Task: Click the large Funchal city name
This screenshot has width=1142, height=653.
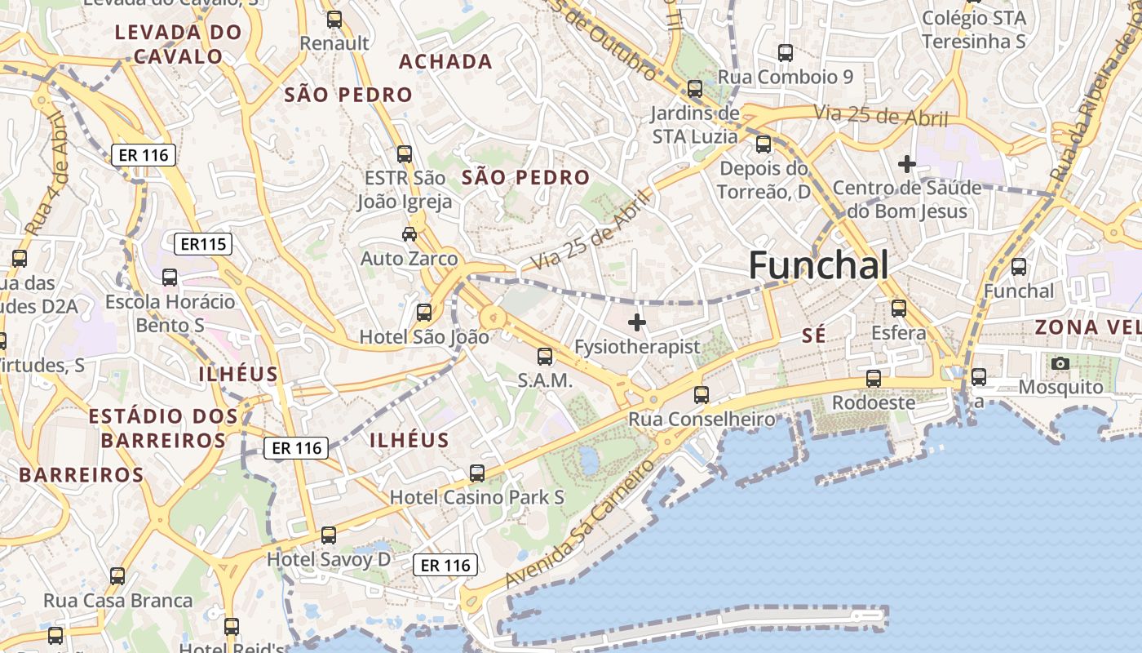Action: point(818,265)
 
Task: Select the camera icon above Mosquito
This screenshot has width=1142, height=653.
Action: point(1060,363)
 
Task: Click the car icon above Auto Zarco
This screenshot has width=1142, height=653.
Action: point(409,234)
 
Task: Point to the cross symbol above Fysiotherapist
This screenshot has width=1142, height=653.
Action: point(637,322)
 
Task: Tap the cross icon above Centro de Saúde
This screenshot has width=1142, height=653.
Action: point(906,164)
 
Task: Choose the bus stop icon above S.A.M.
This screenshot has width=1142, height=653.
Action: point(545,357)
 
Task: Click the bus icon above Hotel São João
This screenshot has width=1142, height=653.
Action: point(424,312)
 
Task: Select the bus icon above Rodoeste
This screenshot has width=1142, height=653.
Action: point(874,379)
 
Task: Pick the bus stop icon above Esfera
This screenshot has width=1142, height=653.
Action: point(899,309)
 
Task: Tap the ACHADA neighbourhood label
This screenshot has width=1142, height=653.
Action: point(445,61)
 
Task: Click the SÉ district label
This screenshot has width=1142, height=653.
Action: point(813,335)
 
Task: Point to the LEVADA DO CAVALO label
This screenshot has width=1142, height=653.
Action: point(179,44)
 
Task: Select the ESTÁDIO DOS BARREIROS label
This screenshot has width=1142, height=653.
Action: point(163,428)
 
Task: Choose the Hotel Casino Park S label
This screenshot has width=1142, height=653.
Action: point(477,496)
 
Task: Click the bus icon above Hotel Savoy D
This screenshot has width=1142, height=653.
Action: point(328,535)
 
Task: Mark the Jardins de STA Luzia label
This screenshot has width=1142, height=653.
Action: point(695,124)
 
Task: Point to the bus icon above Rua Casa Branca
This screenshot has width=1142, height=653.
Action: point(117,576)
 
